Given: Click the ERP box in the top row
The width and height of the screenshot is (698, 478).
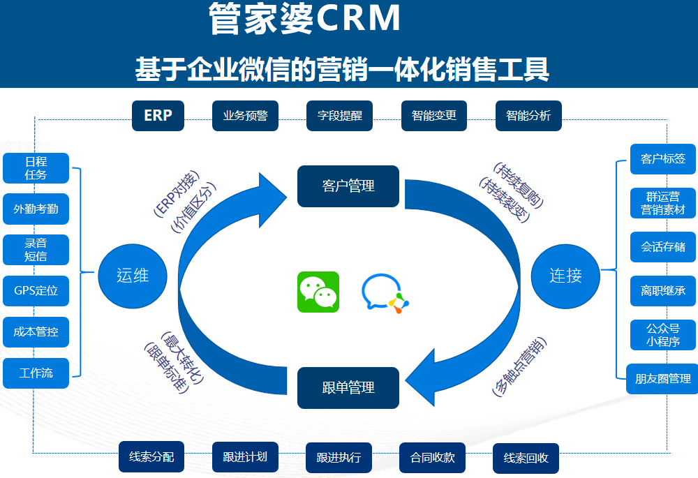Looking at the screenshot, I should [158, 116].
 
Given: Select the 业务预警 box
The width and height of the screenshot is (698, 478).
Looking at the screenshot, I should [245, 116].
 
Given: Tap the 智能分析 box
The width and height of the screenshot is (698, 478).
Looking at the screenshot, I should [528, 116].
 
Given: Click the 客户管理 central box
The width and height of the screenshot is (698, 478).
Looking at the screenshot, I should [348, 186].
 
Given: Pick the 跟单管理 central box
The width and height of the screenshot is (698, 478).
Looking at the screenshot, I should [348, 387].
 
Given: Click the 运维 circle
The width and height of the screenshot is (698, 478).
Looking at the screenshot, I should [132, 275].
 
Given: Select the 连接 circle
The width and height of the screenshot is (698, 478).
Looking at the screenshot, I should [565, 275].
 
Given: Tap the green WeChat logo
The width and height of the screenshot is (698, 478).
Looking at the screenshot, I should [318, 292].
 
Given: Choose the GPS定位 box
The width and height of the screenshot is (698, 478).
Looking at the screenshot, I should [36, 291].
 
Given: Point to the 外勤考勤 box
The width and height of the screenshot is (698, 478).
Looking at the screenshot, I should [36, 209].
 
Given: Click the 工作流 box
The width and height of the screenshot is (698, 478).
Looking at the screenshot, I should [36, 373].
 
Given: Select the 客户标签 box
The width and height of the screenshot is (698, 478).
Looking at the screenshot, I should [662, 158].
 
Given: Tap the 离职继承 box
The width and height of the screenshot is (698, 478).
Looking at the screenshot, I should [662, 290].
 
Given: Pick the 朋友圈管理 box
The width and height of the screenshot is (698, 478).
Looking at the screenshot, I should [662, 378].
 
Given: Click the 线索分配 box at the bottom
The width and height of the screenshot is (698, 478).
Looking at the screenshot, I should [151, 457].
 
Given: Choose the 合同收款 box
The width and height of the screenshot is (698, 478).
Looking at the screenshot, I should [432, 458].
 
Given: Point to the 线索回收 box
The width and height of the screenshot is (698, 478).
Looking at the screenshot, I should [526, 458].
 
